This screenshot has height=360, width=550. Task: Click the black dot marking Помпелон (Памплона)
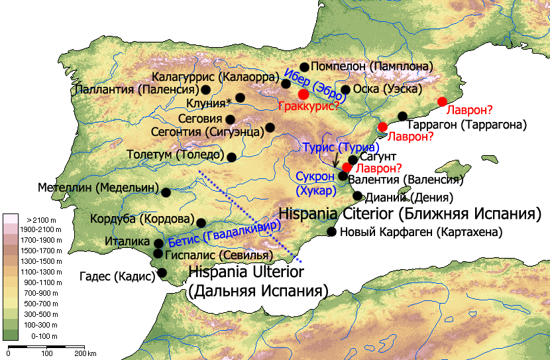305,67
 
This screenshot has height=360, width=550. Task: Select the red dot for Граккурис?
303,94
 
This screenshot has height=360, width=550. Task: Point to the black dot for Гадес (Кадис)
162,272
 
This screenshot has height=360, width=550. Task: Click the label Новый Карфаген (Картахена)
421,232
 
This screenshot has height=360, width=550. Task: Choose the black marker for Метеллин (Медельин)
166,193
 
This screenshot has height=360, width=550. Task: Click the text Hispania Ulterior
246,272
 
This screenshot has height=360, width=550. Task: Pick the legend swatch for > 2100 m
11,219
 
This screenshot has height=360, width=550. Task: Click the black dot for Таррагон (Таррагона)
402,116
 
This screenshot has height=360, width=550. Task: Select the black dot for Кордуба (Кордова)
201,223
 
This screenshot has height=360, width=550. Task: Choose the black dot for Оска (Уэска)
345,90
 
